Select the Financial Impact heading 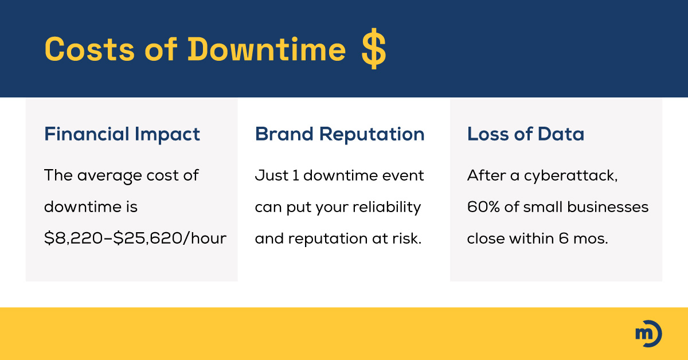[122, 134]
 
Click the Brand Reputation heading [340, 134]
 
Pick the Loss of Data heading [526, 134]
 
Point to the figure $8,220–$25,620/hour [135, 238]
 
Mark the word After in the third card [485, 175]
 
